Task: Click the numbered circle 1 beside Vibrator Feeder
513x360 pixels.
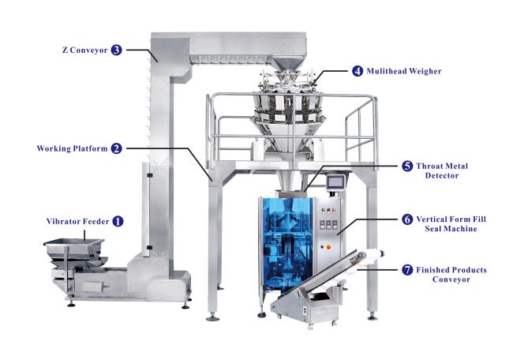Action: (118, 221)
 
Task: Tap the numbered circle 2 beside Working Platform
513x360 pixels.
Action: (116, 148)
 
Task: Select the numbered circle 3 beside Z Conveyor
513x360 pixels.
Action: (116, 50)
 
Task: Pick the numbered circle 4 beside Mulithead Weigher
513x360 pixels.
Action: (358, 71)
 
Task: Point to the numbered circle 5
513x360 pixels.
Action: (407, 166)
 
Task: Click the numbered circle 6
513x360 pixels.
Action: (407, 219)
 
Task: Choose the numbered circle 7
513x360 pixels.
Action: (407, 270)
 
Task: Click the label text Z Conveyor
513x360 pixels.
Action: (84, 50)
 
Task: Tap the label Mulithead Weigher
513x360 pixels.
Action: (404, 71)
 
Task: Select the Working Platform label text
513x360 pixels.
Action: (72, 148)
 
